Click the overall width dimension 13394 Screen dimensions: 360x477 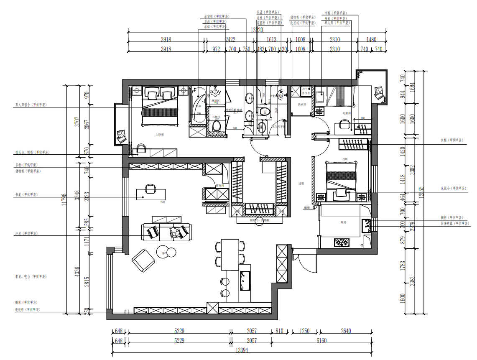(242, 350)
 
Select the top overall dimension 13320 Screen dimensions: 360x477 (257, 30)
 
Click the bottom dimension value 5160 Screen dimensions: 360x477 (321, 341)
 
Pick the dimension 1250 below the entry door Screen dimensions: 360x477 (304, 331)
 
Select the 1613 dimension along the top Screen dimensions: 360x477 (271, 40)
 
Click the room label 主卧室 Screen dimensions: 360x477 (159, 135)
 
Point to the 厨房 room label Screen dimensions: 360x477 (344, 222)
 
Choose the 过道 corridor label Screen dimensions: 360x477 (301, 183)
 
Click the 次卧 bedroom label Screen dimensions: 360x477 (345, 159)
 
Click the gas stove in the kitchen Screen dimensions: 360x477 (341, 242)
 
